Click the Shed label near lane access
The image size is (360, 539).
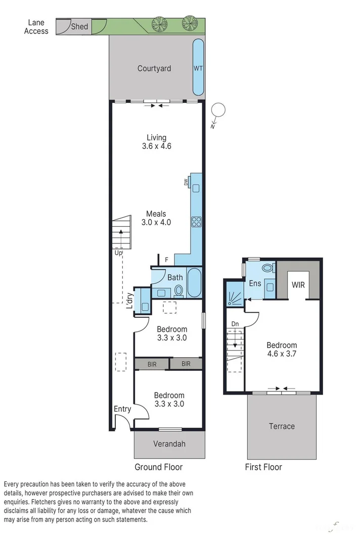[x=79, y=27]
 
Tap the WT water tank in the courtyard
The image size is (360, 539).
[x=198, y=68]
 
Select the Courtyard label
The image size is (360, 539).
[x=154, y=68]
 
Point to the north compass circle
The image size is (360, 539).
[x=218, y=110]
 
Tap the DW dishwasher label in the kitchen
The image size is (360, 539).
[x=186, y=182]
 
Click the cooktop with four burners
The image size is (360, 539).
[x=196, y=221]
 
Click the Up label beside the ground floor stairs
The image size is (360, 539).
[x=118, y=253]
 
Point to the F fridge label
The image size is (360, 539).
[x=166, y=260]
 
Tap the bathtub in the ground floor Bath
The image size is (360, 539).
[x=194, y=283]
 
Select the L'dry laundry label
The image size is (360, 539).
[x=129, y=301]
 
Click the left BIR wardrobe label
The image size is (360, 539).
[x=152, y=364]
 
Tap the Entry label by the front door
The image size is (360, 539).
[x=122, y=409]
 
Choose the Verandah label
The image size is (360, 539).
[x=169, y=444]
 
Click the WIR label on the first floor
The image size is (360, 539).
[x=298, y=285]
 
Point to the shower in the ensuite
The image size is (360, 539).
[x=235, y=295]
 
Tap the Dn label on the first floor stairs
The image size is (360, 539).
[x=235, y=324]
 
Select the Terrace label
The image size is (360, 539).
[x=282, y=426]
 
